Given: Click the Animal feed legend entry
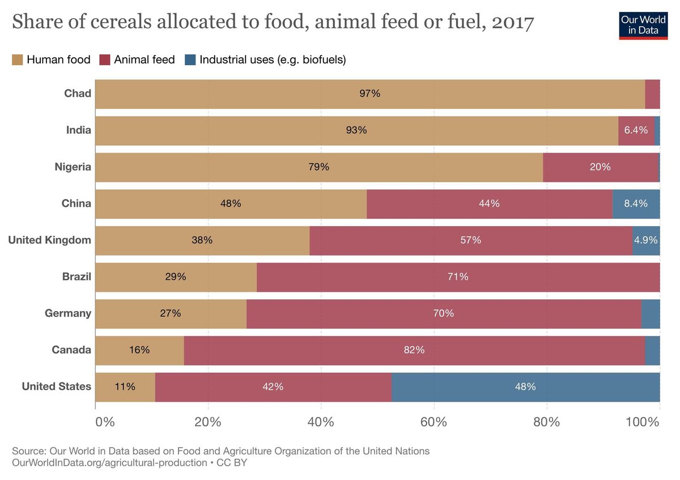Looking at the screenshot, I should [137, 60].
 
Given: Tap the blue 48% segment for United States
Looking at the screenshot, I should [525, 387].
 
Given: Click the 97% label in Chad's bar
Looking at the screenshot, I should [369, 94].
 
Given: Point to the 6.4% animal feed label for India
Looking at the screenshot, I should [636, 130].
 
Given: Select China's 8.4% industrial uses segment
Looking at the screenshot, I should [636, 203].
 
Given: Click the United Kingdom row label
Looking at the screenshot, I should [49, 240].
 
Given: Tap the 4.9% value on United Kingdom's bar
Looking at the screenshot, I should [646, 240].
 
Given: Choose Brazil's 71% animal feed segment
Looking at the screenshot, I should [458, 277].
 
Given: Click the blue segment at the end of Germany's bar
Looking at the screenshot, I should [651, 313].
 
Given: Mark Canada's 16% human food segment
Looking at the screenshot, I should [139, 350].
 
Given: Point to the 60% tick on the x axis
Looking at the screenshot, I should [433, 422].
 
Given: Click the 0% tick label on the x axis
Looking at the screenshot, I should [105, 422].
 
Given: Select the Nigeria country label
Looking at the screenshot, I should [73, 167].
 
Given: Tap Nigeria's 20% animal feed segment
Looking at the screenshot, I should [600, 167].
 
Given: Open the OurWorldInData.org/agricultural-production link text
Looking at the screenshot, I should [109, 463].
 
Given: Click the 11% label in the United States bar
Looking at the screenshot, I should [125, 387].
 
